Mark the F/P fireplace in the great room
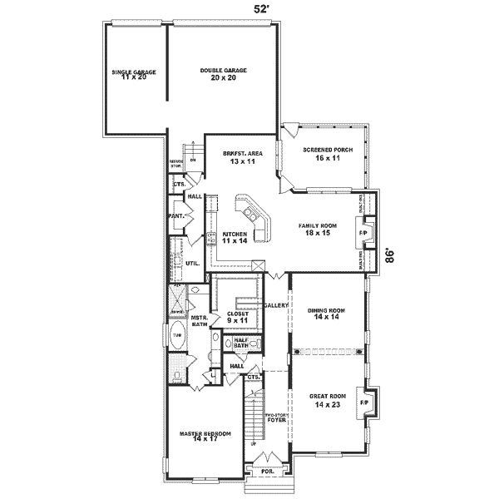tap(364, 403)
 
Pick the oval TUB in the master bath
tap(177, 336)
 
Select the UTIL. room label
tap(192, 263)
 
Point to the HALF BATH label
tap(240, 342)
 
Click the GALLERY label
tap(275, 306)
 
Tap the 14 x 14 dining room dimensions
tap(326, 318)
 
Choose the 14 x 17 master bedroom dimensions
tap(205, 438)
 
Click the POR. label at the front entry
tap(267, 471)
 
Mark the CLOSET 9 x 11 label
tap(238, 317)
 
